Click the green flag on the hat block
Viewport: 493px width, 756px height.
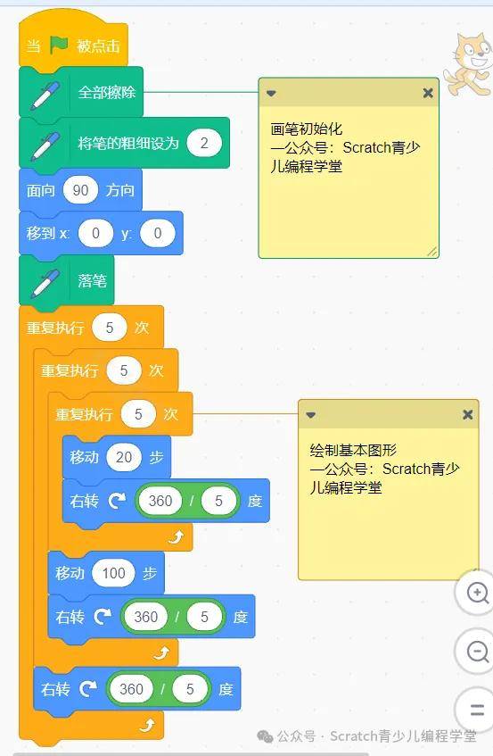pos(59,45)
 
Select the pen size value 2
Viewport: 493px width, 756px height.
pos(204,143)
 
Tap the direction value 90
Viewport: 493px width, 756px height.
pos(80,190)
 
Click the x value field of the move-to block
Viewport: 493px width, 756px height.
pos(95,233)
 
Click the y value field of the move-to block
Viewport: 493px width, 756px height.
pos(158,233)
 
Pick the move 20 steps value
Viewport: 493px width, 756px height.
pos(124,457)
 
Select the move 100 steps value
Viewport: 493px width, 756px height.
pos(113,573)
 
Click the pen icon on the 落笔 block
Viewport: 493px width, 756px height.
pos(45,282)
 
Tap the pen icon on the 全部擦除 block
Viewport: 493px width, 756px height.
pos(45,96)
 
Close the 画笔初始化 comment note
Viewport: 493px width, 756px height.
pos(428,93)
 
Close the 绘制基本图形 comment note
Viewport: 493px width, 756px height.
pos(467,414)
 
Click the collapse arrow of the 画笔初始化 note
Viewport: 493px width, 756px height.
pos(271,93)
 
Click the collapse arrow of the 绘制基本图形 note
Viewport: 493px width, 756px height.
pos(310,415)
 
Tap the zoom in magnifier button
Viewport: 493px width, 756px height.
pos(478,593)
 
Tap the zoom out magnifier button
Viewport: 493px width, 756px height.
pos(478,652)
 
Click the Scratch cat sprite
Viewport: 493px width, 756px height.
pos(470,63)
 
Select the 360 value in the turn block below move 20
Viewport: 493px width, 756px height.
pos(160,501)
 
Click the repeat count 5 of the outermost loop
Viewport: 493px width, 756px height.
pos(110,328)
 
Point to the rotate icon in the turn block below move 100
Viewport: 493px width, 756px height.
pos(102,617)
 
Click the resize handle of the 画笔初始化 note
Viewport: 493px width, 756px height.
pos(431,251)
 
